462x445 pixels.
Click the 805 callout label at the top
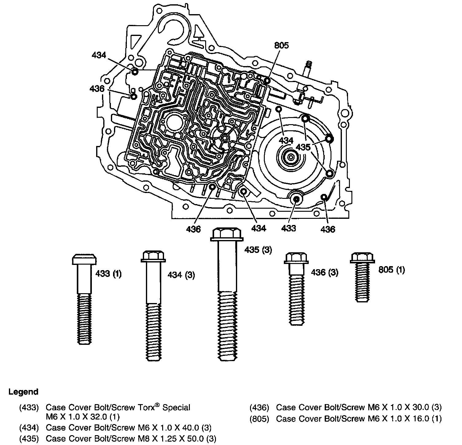[281, 45]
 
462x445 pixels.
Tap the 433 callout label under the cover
[288, 228]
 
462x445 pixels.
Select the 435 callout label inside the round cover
[303, 148]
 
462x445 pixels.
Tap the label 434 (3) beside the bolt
[181, 275]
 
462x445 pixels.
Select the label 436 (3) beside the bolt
[324, 272]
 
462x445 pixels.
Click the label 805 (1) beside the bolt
[391, 270]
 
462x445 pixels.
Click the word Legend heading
[23, 392]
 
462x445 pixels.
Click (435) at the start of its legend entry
[29, 439]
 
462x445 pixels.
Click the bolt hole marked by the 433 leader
[296, 199]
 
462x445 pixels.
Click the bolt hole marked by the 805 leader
[267, 81]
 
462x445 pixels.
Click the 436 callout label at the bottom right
[328, 229]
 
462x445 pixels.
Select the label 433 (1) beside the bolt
[108, 274]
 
